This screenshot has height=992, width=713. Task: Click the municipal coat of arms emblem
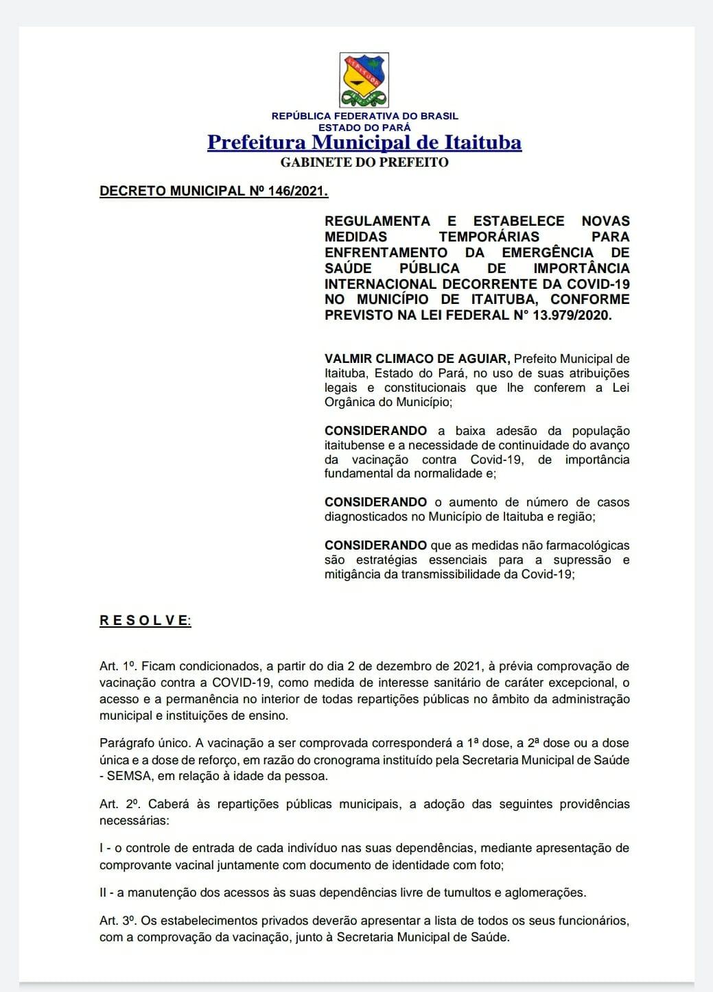pos(364,80)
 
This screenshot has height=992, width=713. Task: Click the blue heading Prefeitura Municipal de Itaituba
pos(364,142)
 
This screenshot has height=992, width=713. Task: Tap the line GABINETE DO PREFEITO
pos(364,163)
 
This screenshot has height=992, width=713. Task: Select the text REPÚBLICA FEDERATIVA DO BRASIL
pos(364,116)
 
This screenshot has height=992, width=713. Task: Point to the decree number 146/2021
pos(298,191)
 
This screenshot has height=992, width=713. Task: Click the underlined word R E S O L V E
pos(144,621)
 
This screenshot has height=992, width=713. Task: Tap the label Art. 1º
pos(117,666)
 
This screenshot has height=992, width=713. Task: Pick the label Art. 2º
pos(119,804)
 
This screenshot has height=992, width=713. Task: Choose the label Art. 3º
pos(118,921)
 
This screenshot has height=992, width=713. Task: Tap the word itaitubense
pos(354,445)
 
